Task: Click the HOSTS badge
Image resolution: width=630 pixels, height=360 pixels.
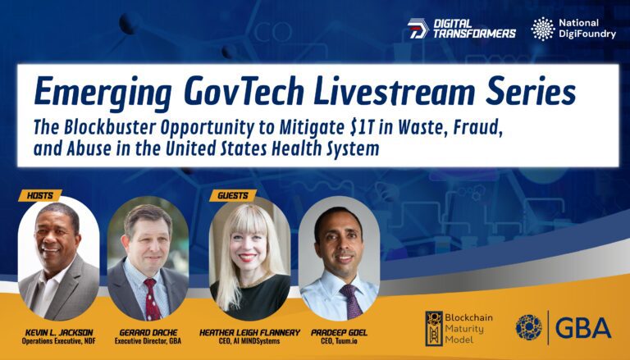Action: coord(39,196)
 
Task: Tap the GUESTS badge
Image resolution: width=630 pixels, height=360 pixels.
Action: coord(233,196)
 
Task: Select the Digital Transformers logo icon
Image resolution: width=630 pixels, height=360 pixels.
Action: coord(418,29)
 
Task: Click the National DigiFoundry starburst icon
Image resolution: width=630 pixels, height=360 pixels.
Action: coord(543,29)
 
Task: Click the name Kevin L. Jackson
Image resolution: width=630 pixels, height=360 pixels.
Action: coord(59,333)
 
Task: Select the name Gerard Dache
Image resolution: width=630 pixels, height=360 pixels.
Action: coord(148,333)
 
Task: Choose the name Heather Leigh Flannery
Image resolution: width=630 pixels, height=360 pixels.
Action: coord(249,333)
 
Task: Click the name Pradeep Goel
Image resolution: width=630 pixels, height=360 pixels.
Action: coord(339,333)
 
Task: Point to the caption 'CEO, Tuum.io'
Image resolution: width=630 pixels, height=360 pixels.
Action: coord(339,341)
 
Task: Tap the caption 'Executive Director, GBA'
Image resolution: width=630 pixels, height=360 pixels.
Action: coord(148,341)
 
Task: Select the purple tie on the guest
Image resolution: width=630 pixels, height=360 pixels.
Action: coord(350,301)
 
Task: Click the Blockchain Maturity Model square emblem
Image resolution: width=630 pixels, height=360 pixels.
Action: coord(434,328)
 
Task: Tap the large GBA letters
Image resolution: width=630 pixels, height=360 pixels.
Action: coord(583,328)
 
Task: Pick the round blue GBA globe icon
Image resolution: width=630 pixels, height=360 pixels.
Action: coord(529,327)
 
